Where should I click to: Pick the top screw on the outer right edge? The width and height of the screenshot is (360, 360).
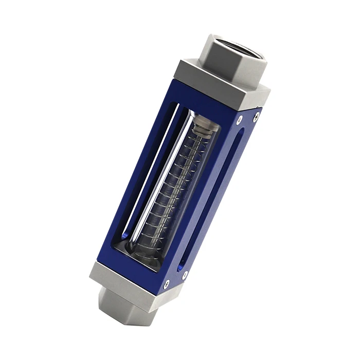[x=257, y=115]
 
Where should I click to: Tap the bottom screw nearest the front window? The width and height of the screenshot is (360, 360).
[x=167, y=282]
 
